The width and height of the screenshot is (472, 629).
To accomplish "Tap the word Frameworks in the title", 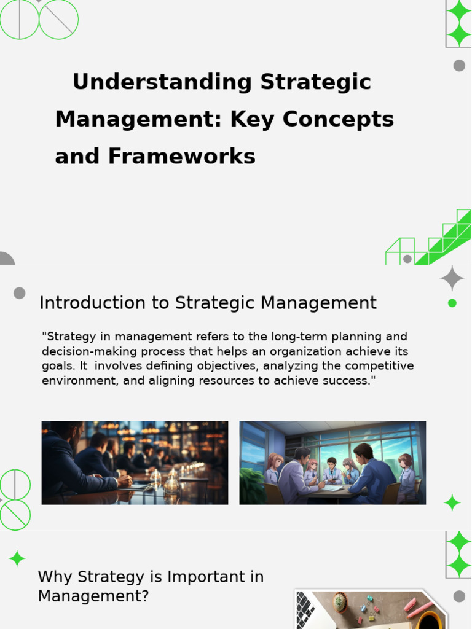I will (182, 157).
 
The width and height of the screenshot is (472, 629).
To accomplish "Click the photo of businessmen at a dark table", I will (135, 463).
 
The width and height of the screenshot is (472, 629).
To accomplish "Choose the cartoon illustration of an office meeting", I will (332, 463).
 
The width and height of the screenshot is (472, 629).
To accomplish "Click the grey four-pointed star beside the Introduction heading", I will (452, 278).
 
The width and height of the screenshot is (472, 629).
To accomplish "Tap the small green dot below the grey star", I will (452, 303).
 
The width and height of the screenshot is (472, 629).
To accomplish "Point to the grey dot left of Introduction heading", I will (20, 293).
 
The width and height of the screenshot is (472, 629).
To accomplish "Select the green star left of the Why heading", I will (17, 558).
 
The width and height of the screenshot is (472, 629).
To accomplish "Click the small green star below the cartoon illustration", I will (452, 502).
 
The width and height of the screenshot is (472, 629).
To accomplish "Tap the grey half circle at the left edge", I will (6, 259).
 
